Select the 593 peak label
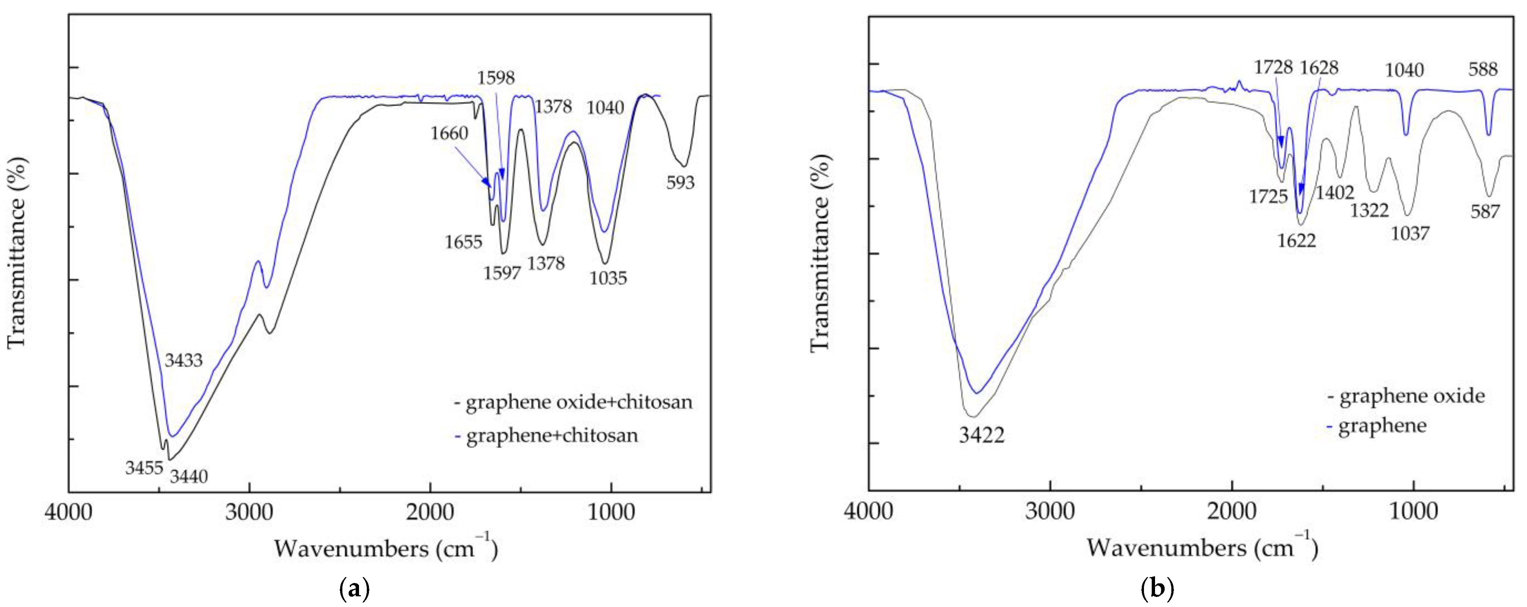680,183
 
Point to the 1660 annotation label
449,133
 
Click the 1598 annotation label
496,78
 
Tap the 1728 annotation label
1273,67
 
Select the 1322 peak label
1369,210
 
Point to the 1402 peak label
1335,192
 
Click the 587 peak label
1485,211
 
